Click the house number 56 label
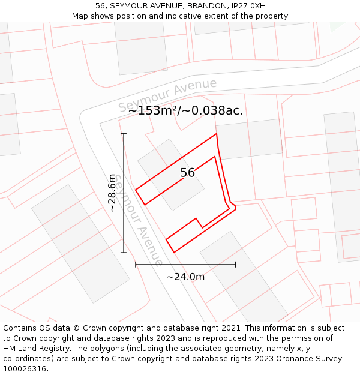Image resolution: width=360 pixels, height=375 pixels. point(187,173)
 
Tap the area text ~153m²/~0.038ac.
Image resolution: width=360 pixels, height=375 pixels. point(185,110)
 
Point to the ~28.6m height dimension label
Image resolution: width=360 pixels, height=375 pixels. point(112,193)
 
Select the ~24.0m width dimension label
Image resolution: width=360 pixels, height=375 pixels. point(185,277)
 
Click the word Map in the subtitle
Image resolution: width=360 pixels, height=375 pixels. point(81,16)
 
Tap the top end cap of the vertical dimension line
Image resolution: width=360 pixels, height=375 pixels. point(124,133)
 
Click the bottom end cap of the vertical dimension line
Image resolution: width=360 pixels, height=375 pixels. point(124,253)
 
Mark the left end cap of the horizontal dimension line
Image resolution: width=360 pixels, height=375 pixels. point(136,264)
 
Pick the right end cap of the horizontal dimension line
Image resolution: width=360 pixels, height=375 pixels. point(235,264)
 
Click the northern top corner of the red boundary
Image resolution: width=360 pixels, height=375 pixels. point(216,133)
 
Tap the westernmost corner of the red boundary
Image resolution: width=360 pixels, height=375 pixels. point(136,190)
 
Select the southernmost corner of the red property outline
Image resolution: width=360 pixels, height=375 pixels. point(174,252)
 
